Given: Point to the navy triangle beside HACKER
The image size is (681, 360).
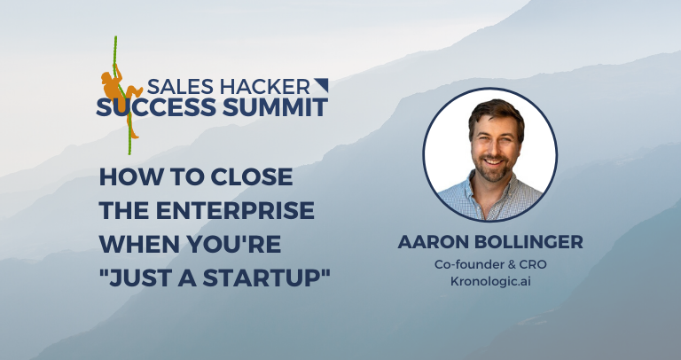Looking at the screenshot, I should point(321,85).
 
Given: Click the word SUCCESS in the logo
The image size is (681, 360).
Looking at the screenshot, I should point(165,108).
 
